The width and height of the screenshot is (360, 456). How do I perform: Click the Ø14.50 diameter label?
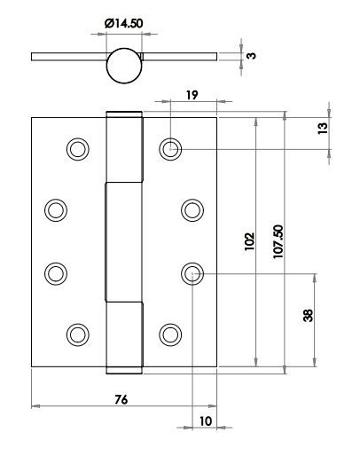(x=124, y=23)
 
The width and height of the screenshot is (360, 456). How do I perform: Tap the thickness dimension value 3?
(x=251, y=56)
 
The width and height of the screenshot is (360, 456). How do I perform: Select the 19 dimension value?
(x=192, y=95)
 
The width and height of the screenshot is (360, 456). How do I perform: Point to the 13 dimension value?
(x=323, y=129)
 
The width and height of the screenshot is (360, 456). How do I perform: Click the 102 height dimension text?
(x=249, y=241)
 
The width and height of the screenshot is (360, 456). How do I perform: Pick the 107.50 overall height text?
(x=278, y=241)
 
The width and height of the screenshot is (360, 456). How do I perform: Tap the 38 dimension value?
(x=308, y=316)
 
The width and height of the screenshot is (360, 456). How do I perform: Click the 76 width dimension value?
(x=121, y=399)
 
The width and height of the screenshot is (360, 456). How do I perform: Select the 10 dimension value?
(x=206, y=421)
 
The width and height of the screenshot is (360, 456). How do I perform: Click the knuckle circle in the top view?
(x=124, y=66)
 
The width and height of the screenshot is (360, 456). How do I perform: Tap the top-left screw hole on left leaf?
(x=78, y=149)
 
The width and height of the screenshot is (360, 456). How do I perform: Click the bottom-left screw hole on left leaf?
(x=78, y=334)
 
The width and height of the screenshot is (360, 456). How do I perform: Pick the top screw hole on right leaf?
(x=170, y=149)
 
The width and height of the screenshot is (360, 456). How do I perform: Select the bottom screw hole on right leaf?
(x=170, y=334)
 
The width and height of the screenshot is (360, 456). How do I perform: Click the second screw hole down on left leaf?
(x=56, y=210)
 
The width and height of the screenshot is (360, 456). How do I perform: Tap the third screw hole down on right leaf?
(x=192, y=273)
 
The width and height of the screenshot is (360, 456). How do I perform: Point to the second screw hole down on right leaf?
(x=192, y=210)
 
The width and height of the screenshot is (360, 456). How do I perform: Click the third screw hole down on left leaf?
(x=56, y=273)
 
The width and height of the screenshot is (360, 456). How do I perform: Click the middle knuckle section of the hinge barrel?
(x=123, y=242)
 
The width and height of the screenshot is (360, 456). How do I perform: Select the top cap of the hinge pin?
(x=124, y=114)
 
